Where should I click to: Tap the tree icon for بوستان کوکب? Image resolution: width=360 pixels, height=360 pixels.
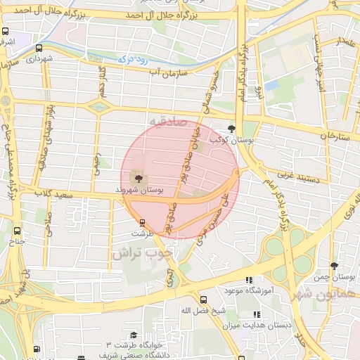tap(233, 128)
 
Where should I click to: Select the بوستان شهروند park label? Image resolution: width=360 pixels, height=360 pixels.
tap(139, 190)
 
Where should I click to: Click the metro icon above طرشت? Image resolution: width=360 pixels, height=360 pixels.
tap(142, 222)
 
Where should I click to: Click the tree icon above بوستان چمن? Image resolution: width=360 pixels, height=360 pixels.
tap(335, 266)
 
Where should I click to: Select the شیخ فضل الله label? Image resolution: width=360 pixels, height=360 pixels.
tap(202, 310)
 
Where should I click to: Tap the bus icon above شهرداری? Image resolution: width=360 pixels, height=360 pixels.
tap(38, 49)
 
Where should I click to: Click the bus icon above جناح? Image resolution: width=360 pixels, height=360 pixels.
tap(17, 230)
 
